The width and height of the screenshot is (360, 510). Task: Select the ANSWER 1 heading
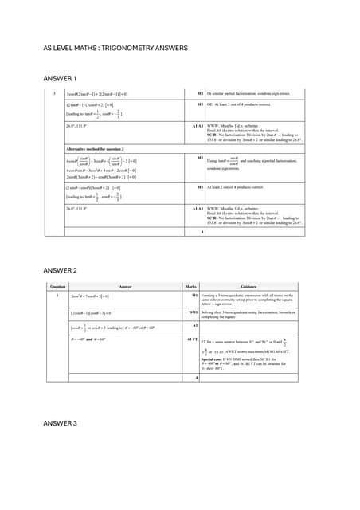[60, 79]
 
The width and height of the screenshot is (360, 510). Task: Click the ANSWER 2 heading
[60, 271]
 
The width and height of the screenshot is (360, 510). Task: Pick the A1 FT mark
[192, 339]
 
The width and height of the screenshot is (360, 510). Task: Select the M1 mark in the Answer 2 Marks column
[194, 295]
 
